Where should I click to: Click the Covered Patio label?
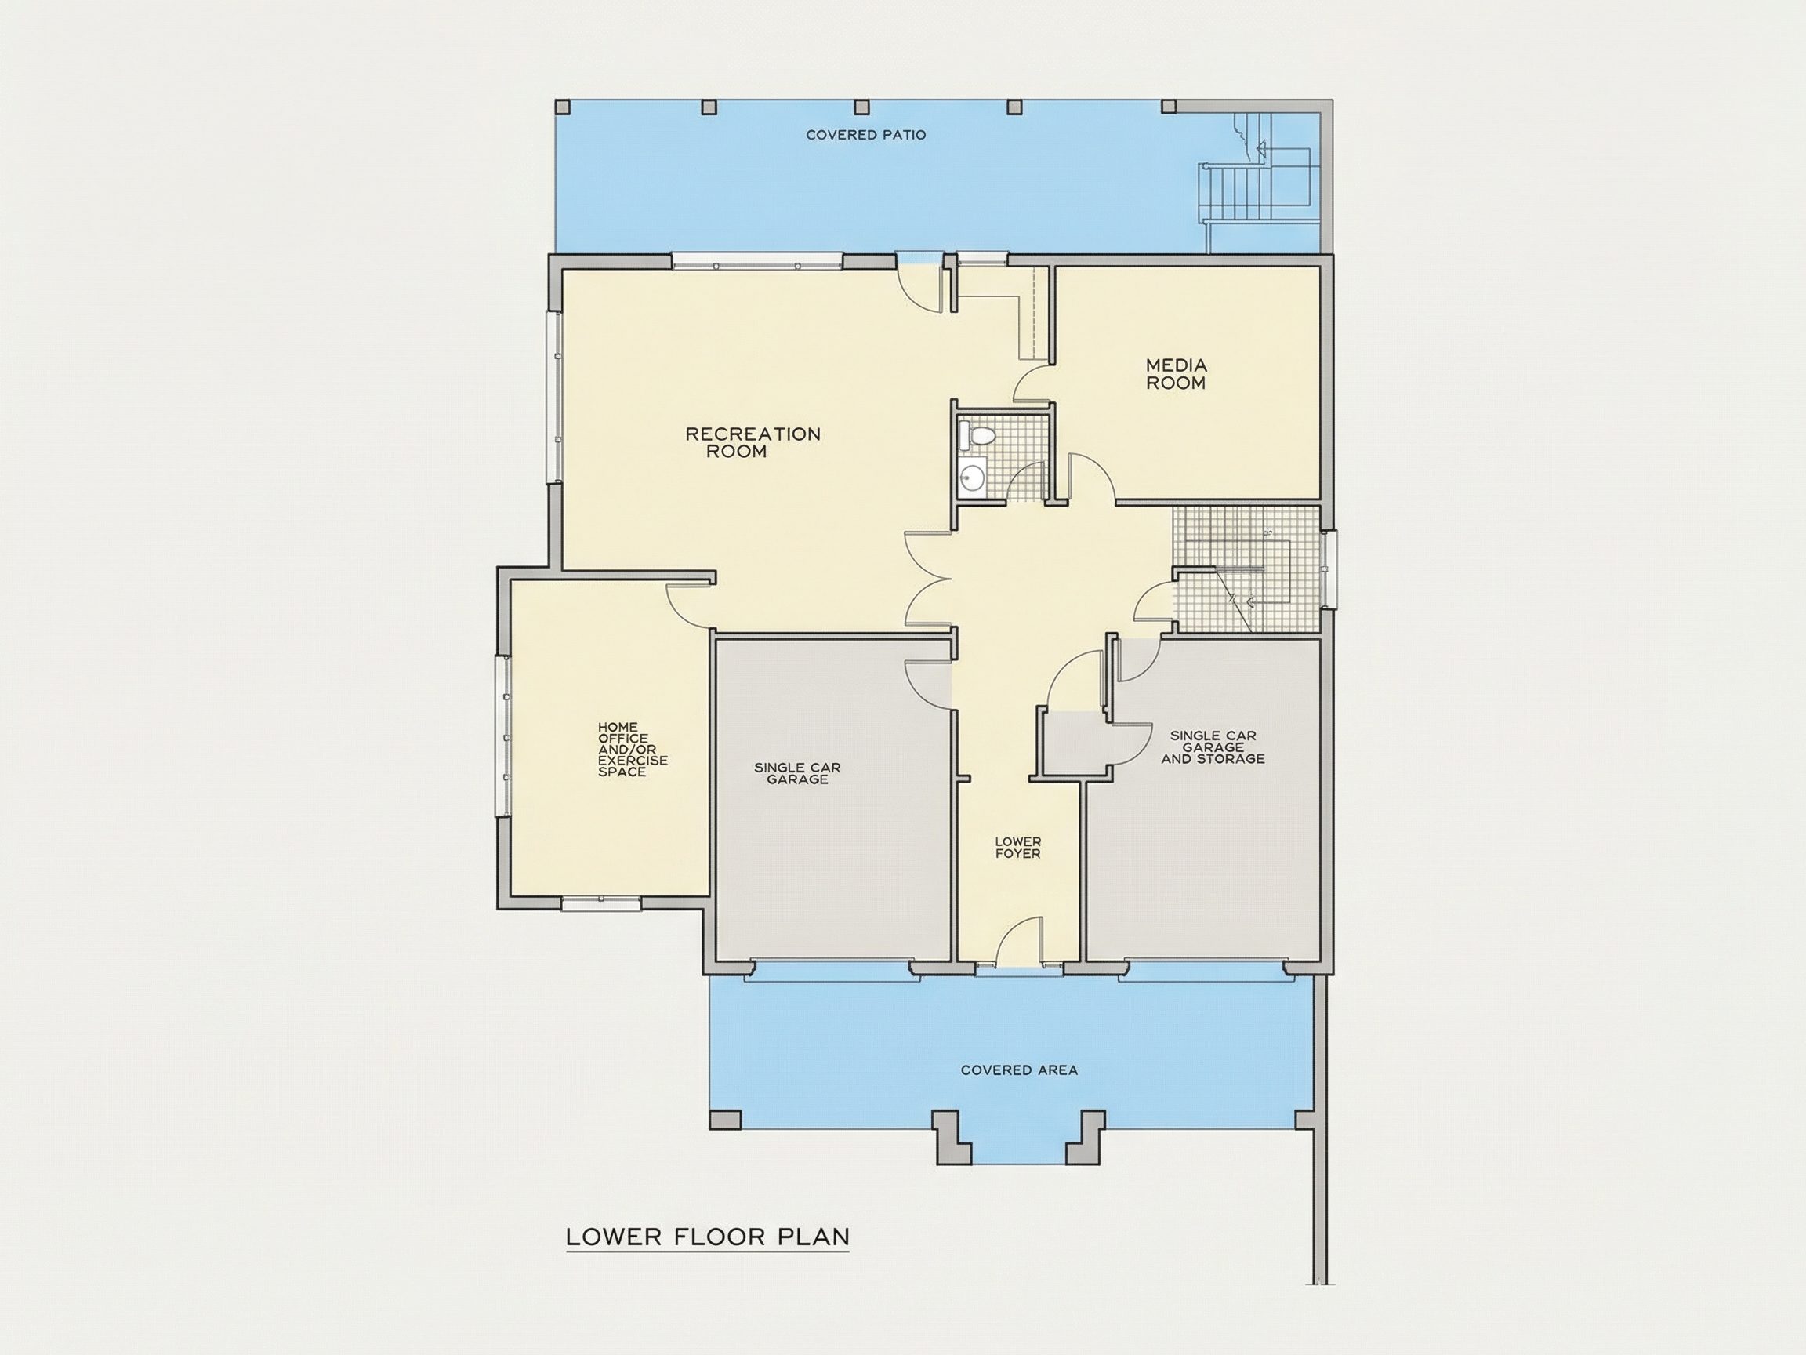point(866,135)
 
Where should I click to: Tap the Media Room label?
point(1176,374)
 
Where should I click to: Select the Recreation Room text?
point(752,443)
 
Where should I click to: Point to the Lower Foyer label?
point(1018,848)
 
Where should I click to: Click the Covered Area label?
point(1019,1070)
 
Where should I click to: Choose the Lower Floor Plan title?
point(708,1237)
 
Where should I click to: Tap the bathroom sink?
point(973,476)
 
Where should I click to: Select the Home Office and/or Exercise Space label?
point(633,749)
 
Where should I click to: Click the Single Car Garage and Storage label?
point(1213,747)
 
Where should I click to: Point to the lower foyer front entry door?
point(1021,941)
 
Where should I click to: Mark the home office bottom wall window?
point(601,903)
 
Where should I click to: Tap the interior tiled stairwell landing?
point(1246,569)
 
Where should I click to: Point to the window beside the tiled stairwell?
point(1329,569)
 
